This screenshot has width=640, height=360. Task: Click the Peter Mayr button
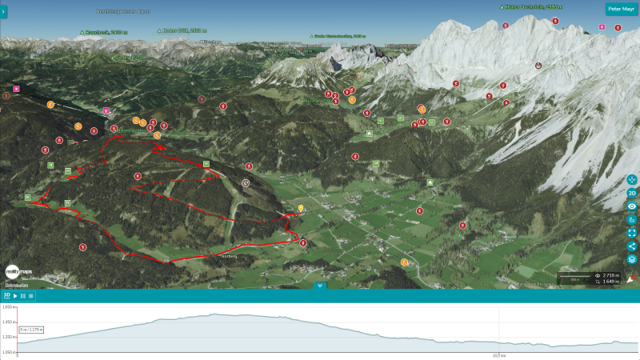click(x=621, y=10)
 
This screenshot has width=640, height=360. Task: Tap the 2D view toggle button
click(x=632, y=193)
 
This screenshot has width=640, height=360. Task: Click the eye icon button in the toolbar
click(x=632, y=206)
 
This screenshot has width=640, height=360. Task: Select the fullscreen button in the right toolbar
click(x=632, y=233)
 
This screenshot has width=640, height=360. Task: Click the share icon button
click(x=632, y=246)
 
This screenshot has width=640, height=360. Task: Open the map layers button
click(x=632, y=259)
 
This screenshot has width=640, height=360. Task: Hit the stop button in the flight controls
click(x=32, y=296)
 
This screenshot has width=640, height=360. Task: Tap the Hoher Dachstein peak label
click(x=534, y=6)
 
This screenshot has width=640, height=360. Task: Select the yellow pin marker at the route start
click(x=301, y=208)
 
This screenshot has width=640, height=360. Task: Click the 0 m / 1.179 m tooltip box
click(x=31, y=329)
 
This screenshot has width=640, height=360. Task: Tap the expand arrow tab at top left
click(x=3, y=11)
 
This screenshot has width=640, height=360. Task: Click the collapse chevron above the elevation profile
click(x=320, y=285)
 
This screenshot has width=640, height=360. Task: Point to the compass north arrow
click(x=630, y=278)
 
